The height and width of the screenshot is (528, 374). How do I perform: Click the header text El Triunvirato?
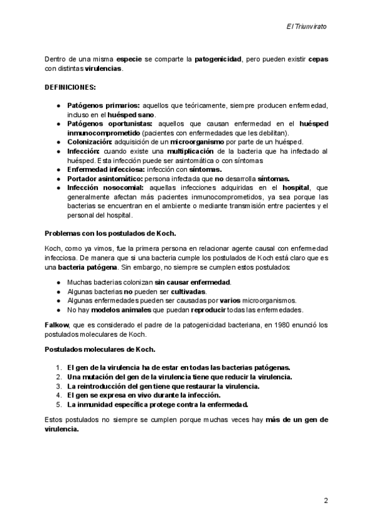click(x=306, y=27)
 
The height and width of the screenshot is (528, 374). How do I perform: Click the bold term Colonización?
click(x=91, y=142)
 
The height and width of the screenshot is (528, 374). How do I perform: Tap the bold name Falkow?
click(x=56, y=325)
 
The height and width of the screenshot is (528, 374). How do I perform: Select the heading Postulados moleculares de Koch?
click(x=100, y=349)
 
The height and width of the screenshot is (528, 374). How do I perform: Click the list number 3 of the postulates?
click(x=59, y=386)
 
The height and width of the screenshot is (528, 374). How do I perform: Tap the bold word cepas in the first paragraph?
click(x=318, y=59)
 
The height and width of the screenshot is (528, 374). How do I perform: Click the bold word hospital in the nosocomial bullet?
click(x=296, y=187)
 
